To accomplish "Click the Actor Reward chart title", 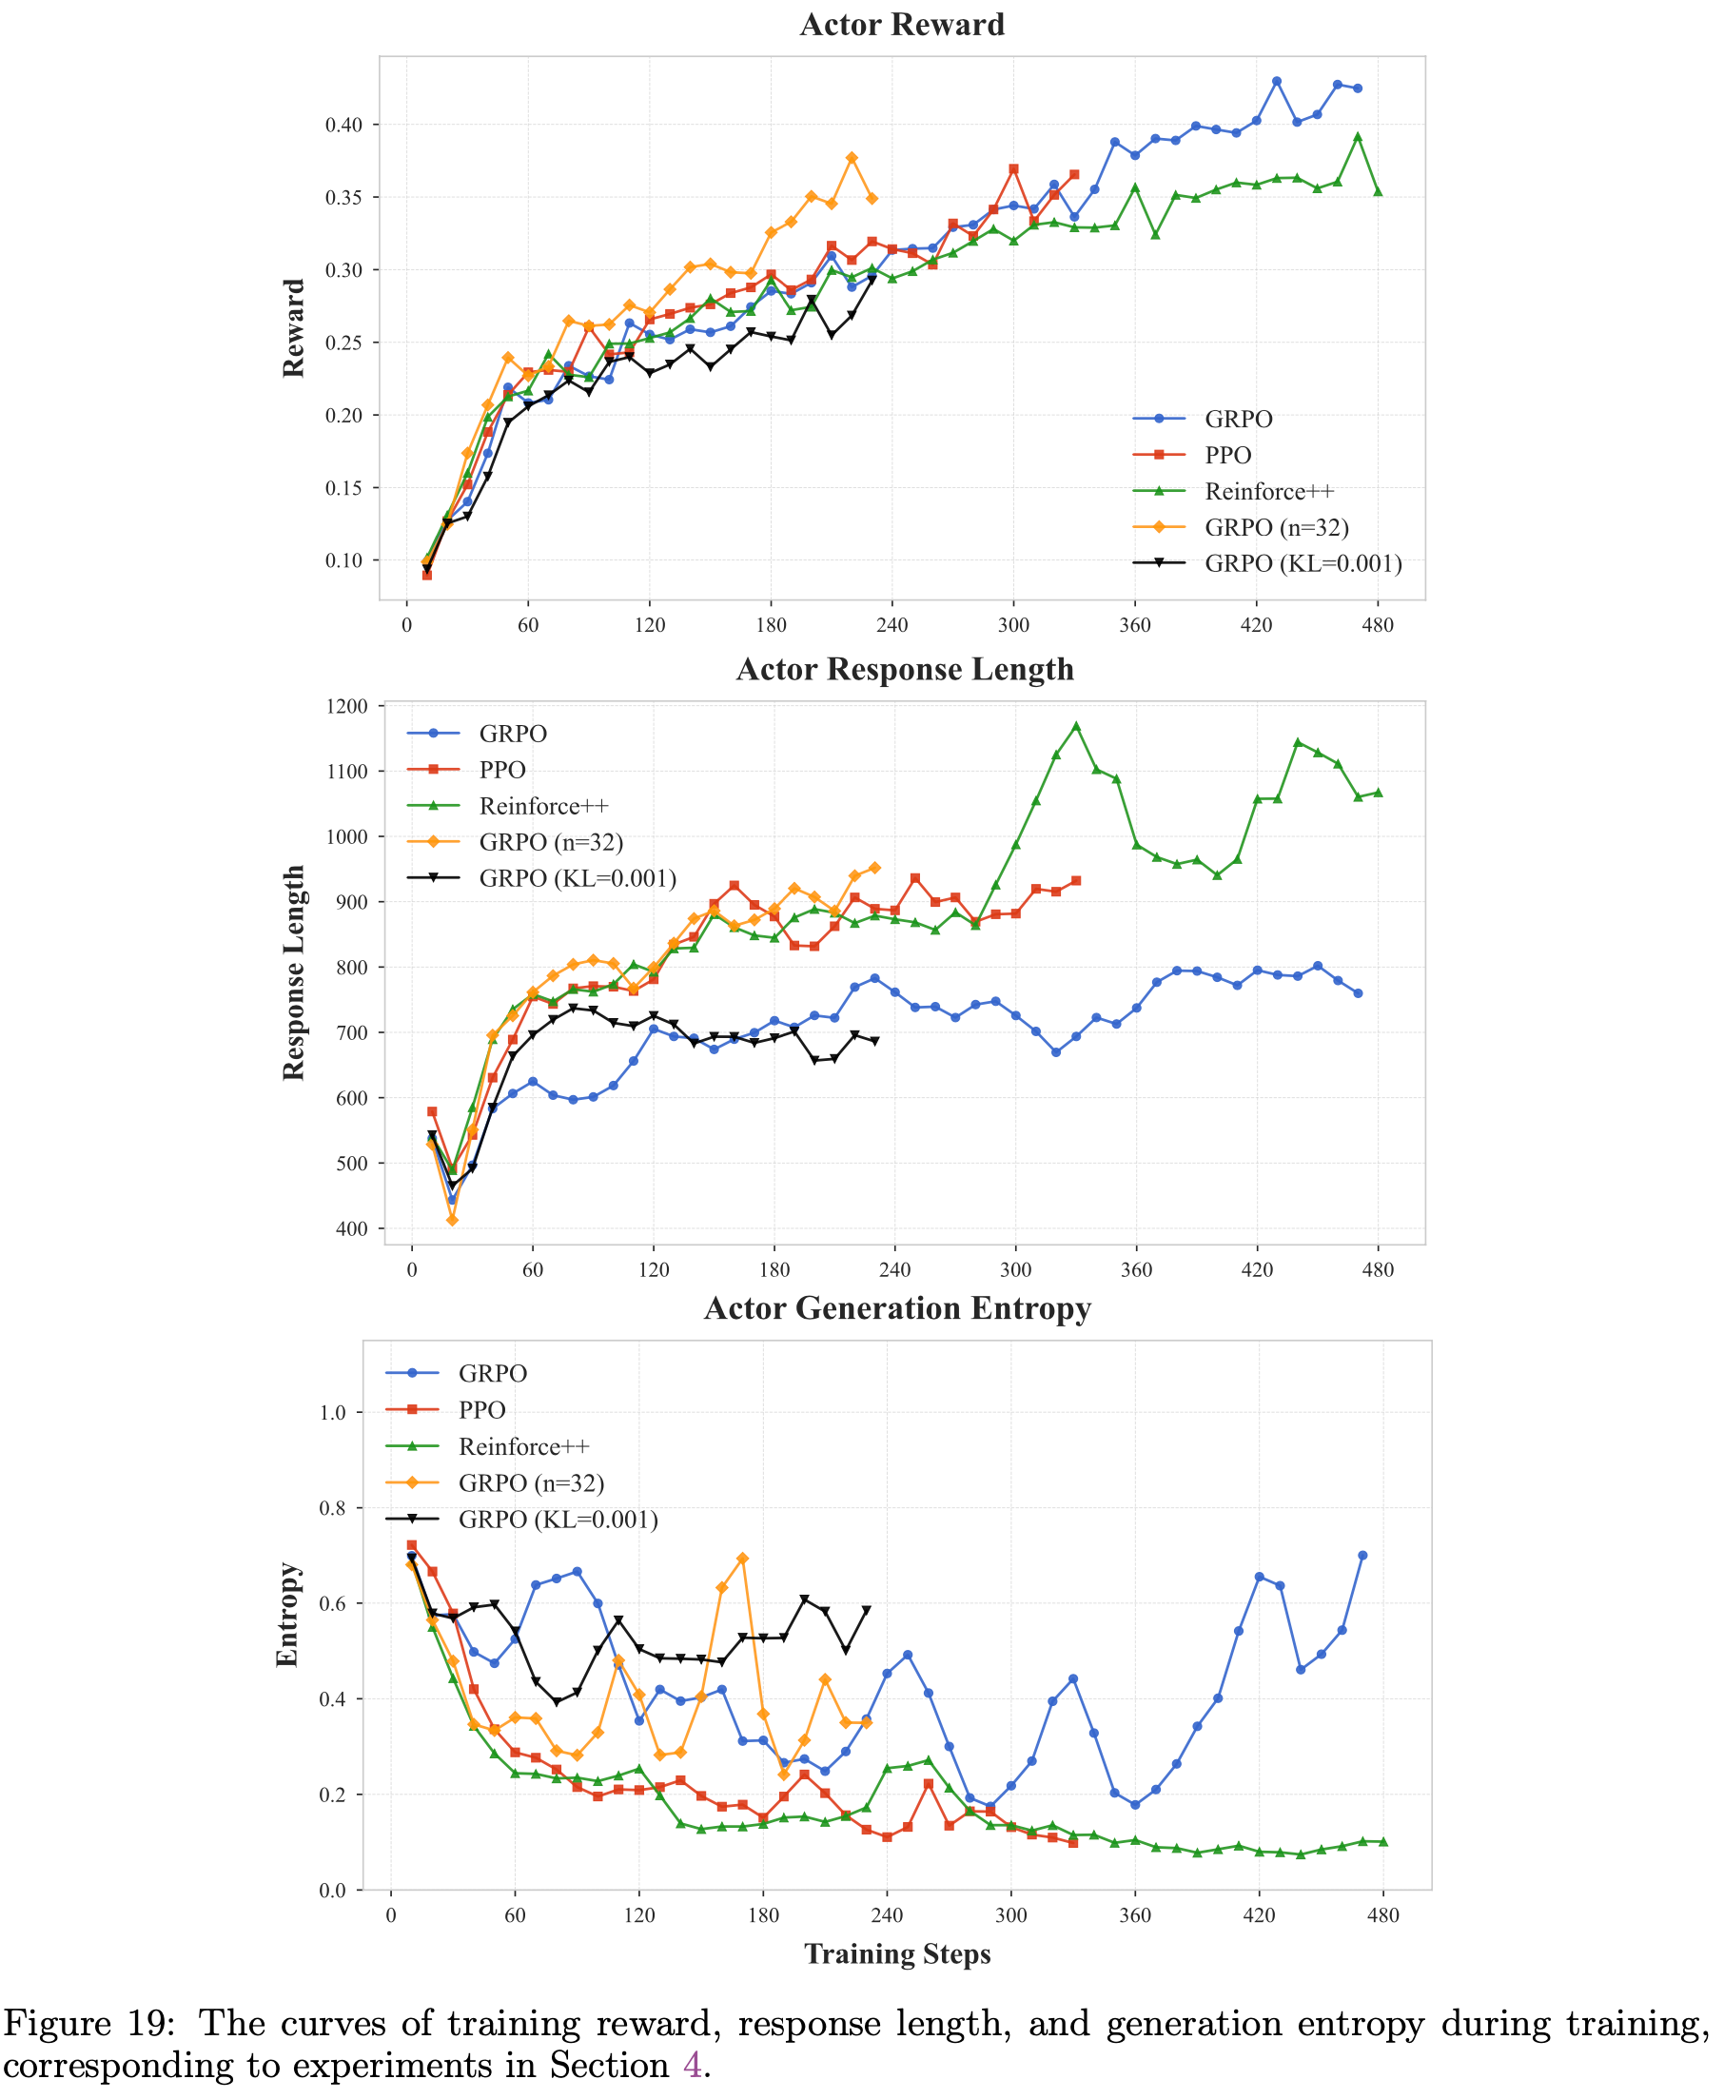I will pyautogui.click(x=902, y=25).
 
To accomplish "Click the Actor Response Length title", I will pyautogui.click(x=905, y=669).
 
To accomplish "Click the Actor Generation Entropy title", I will pyautogui.click(x=897, y=1308).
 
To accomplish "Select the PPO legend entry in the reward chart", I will pyautogui.click(x=1227, y=455).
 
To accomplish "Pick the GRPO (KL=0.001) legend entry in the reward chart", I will pyautogui.click(x=1302, y=564).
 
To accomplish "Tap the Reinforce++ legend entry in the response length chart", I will pyautogui.click(x=543, y=806).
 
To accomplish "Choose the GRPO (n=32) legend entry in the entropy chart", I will pyautogui.click(x=530, y=1482).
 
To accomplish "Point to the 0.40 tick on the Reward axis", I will pyautogui.click(x=344, y=125).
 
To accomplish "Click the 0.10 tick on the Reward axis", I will pyautogui.click(x=344, y=561).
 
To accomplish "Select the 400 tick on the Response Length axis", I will pyautogui.click(x=351, y=1229).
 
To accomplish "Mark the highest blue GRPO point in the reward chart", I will pyautogui.click(x=1276, y=82).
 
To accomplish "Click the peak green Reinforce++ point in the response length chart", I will pyautogui.click(x=1075, y=726).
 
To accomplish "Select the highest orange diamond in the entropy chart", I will pyautogui.click(x=742, y=1559).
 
